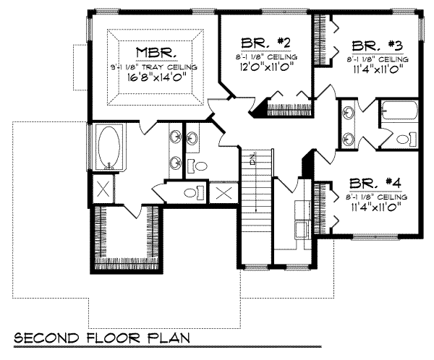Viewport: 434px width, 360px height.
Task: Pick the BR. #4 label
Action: click(x=374, y=183)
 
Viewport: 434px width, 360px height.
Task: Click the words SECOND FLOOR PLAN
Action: click(x=101, y=338)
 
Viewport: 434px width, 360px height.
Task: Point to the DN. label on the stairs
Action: click(x=253, y=160)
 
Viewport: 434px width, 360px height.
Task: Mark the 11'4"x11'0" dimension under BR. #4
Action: click(x=374, y=207)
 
